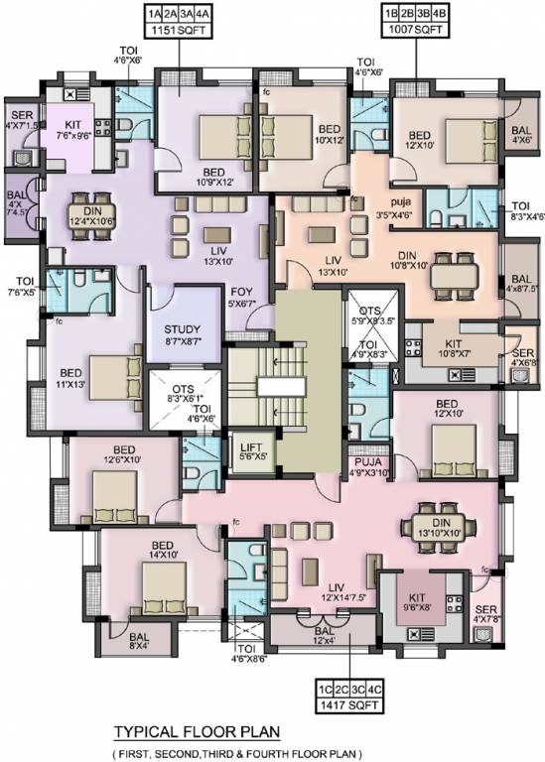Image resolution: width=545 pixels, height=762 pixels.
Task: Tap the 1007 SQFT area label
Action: pos(408,32)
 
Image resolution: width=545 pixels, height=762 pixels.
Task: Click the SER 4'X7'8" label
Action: pos(486,615)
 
